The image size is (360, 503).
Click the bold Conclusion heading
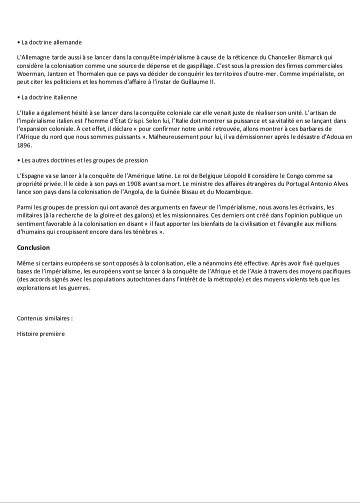(x=33, y=248)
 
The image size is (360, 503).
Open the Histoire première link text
(x=41, y=334)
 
